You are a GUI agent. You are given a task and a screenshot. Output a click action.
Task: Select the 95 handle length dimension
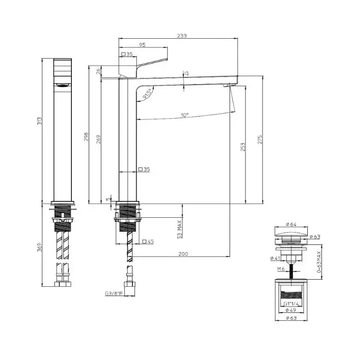click(x=142, y=45)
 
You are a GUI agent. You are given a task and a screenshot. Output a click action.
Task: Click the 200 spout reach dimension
click(x=183, y=254)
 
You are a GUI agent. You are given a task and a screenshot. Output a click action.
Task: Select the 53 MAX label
click(x=180, y=228)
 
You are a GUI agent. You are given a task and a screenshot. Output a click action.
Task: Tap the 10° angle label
click(x=185, y=115)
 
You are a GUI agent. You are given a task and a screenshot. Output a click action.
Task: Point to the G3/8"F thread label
click(x=113, y=294)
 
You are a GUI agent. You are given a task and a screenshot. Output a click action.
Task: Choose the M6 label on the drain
click(x=281, y=269)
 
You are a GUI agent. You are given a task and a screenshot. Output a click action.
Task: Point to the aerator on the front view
click(x=62, y=85)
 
